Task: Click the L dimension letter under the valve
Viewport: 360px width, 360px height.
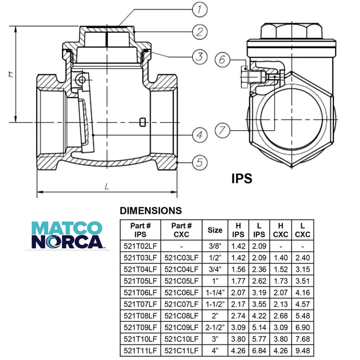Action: (106, 187)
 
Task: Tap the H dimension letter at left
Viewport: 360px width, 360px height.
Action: (11, 74)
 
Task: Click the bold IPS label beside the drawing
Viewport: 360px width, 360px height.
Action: (241, 178)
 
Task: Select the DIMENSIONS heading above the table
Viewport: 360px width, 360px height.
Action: (151, 210)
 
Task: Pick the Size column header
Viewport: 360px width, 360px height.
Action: (215, 230)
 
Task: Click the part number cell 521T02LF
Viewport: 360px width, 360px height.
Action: (140, 245)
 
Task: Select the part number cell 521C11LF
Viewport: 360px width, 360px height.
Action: (182, 351)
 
